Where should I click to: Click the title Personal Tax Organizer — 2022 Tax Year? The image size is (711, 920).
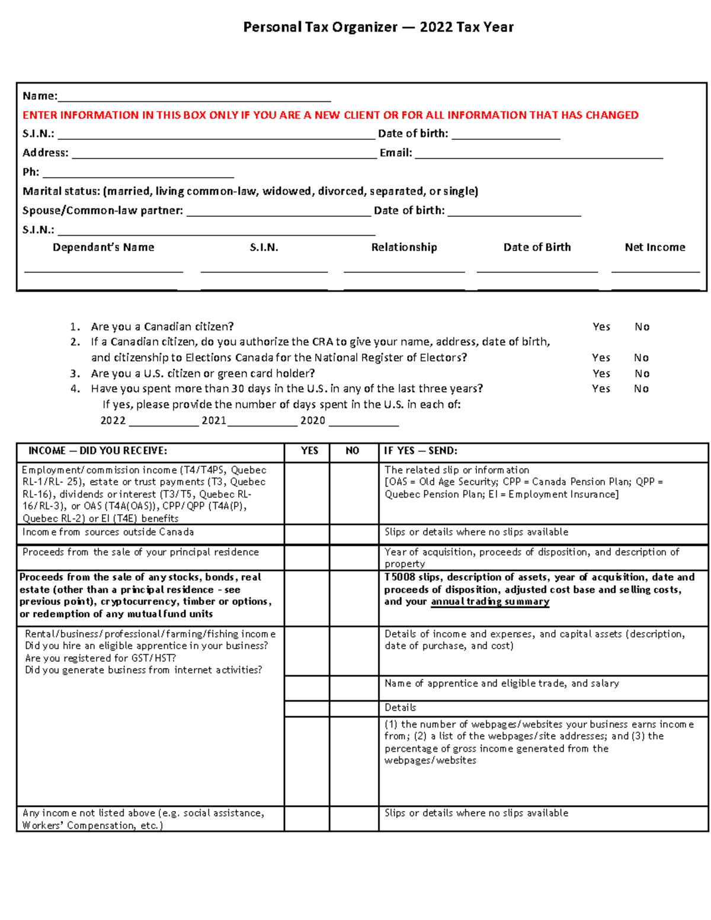point(378,27)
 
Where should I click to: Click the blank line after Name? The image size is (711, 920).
point(194,97)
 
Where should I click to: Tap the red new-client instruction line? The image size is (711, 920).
point(330,115)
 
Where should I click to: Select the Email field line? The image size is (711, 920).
point(539,154)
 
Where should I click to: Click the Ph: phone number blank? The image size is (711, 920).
point(138,173)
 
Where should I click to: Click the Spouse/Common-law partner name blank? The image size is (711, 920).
point(278,211)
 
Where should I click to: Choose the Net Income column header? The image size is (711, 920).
point(655,248)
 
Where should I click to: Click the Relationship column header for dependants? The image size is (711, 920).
point(404,248)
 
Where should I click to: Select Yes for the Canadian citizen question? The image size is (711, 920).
point(601,327)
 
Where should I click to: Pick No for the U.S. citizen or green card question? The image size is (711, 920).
point(642,374)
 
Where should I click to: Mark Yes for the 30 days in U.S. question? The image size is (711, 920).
point(601,389)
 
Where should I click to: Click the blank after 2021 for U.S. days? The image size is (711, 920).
point(262,421)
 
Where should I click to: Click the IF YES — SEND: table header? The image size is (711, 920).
point(420,451)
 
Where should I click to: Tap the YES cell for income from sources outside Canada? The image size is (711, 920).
point(307,534)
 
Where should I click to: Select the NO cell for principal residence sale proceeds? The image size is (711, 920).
point(354,557)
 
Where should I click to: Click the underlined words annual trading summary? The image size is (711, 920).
point(490,602)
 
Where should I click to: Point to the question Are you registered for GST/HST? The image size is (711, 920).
point(101,658)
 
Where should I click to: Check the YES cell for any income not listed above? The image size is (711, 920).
point(307,818)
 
